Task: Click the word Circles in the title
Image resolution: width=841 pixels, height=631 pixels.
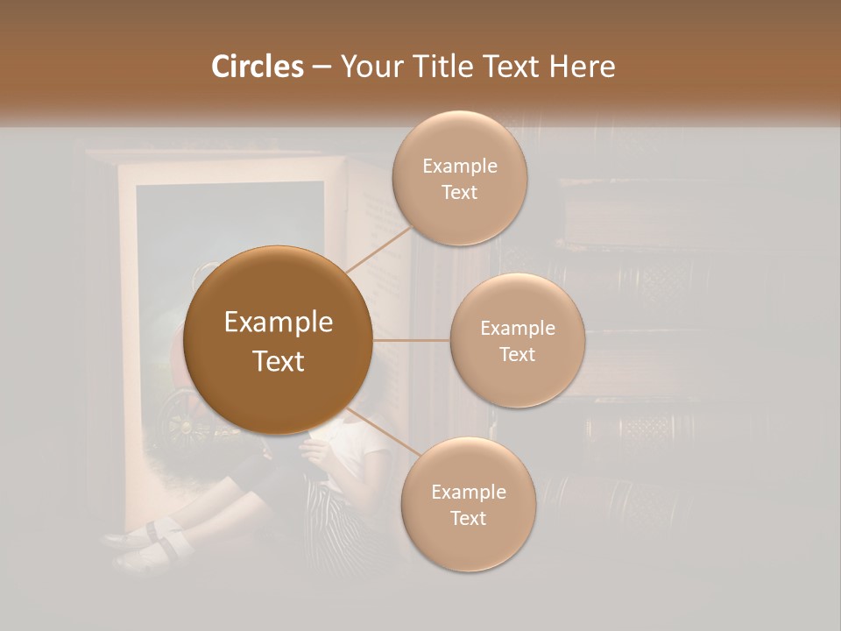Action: [x=258, y=67]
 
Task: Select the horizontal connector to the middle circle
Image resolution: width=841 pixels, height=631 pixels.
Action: [x=412, y=340]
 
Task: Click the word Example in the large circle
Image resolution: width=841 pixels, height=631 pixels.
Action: [x=279, y=323]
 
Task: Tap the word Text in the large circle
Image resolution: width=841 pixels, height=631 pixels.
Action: [x=279, y=361]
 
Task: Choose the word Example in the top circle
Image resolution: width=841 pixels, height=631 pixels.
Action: [x=460, y=167]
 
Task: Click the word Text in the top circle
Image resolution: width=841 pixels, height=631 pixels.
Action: [x=459, y=193]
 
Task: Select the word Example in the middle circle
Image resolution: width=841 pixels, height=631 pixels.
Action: [x=518, y=329]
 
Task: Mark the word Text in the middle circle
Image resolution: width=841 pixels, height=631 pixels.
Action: [x=517, y=355]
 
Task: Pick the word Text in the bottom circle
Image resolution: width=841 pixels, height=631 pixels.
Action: [x=468, y=519]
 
